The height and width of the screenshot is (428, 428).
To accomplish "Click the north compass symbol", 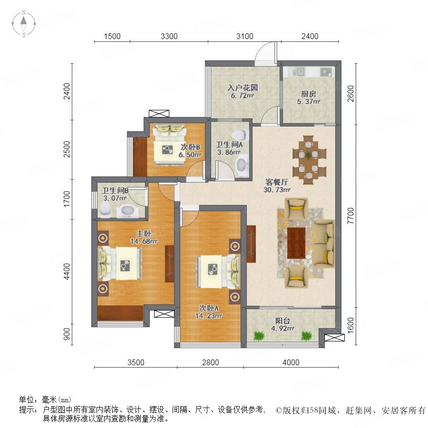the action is [x=24, y=23].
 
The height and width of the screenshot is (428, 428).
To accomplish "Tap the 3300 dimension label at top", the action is [x=169, y=36].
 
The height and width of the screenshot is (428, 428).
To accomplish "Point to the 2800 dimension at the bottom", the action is [x=211, y=362].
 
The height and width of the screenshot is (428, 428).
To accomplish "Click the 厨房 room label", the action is [x=309, y=94].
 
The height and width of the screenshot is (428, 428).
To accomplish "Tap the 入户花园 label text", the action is [x=243, y=88].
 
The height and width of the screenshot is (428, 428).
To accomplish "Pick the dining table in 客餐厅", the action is [x=309, y=160].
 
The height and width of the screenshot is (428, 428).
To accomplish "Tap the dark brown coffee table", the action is [x=296, y=243].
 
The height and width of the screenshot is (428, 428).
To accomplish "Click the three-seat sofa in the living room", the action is [x=324, y=243].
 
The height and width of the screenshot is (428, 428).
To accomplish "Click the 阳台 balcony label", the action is [x=282, y=321].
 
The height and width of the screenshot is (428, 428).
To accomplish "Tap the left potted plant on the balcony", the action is [x=259, y=336].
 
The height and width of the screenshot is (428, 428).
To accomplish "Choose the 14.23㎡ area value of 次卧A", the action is [x=209, y=316].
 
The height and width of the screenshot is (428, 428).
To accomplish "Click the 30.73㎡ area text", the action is [x=277, y=189].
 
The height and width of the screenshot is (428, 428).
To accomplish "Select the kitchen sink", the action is [x=299, y=72].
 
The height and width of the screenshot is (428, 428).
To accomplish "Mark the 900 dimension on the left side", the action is [x=67, y=334].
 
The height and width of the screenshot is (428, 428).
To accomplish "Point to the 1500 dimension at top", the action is [x=112, y=36].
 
